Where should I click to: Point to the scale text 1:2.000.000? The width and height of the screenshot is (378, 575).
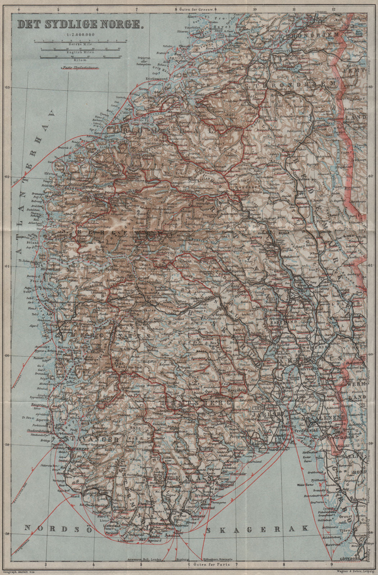coord(81,34)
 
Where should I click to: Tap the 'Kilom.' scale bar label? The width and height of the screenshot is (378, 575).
coord(80,60)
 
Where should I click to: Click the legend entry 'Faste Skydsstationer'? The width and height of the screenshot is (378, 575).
coord(80,67)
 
